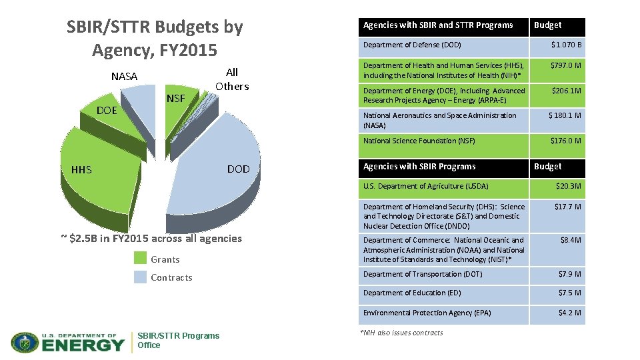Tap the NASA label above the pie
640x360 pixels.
click(125, 76)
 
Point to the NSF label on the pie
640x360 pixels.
click(176, 99)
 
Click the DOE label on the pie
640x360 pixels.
click(107, 111)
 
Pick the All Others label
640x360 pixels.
click(232, 79)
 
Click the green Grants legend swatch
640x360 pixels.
click(140, 257)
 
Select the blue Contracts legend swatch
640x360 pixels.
click(140, 277)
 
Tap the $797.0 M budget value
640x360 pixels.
click(566, 65)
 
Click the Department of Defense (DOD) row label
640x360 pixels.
click(412, 45)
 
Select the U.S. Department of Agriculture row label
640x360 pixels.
click(426, 186)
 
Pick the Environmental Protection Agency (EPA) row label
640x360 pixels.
click(427, 313)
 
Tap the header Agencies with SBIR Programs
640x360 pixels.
click(419, 167)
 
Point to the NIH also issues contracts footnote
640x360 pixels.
click(401, 333)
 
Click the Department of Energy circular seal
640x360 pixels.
click(25, 342)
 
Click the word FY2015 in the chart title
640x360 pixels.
click(188, 50)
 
